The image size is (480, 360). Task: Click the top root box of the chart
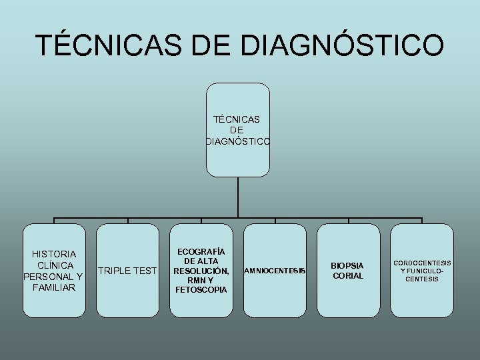coord(238,129)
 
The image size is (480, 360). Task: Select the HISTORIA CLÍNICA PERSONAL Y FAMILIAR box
coord(54,270)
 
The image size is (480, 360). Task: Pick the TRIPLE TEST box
coord(127,270)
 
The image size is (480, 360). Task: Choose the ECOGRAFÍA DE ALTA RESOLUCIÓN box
coord(201,270)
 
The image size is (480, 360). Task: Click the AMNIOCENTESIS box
coord(275,270)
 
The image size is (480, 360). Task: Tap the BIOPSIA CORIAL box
coord(348,270)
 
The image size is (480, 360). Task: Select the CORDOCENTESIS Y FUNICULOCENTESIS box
coord(421,270)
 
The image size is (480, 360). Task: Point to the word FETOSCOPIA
coord(201,290)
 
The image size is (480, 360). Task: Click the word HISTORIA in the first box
coord(54,253)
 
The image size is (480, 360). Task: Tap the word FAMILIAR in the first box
coord(54,287)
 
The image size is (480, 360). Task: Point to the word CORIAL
coord(348,275)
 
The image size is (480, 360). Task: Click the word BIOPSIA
coord(348,265)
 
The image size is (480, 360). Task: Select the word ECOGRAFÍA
coord(201,251)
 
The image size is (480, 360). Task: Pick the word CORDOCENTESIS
coord(421,263)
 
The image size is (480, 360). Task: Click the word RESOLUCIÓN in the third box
coord(201,271)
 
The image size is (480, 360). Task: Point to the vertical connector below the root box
coord(238,197)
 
